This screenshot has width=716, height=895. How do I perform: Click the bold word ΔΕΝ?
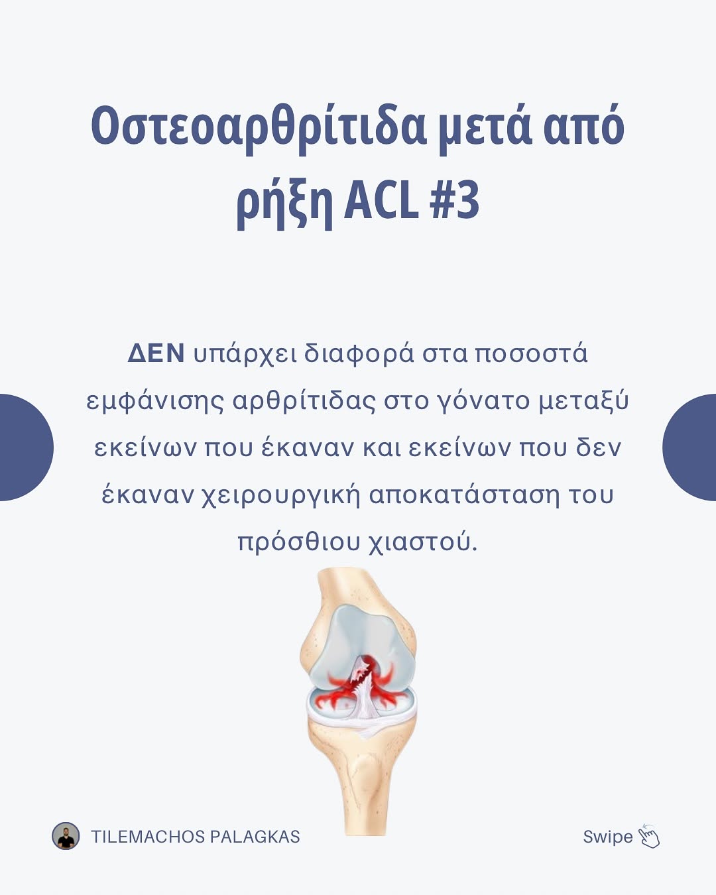pos(156,354)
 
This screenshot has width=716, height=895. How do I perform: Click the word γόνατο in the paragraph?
pos(483,402)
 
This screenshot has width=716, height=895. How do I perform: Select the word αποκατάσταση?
pos(464,496)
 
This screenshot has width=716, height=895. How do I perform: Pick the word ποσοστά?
pos(531,354)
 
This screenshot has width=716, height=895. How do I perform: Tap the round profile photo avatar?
pos(66,836)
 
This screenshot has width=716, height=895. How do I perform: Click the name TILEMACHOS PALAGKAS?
pos(196,837)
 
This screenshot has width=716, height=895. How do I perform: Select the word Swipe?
pos(608,837)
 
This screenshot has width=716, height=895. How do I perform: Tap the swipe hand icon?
pos(648,836)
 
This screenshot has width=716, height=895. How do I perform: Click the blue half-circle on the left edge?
pos(26,447)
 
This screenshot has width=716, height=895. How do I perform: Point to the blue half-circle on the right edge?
pos(689,447)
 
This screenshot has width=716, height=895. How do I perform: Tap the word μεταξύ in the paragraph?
pos(583,402)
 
